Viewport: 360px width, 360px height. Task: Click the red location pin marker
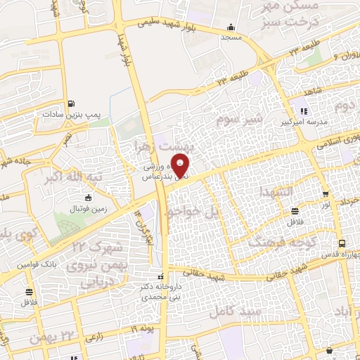tap(181, 166)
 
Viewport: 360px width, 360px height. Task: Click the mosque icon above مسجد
tap(231, 28)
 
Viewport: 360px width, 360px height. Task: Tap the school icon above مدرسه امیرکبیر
tap(304, 111)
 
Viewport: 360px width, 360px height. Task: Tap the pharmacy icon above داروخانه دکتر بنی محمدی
tap(161, 276)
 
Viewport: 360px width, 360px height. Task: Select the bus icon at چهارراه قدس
tap(342, 243)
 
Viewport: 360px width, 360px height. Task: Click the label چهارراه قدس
tap(342, 255)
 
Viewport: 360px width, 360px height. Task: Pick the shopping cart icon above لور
tap(325, 195)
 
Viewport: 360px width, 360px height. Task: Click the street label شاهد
tap(312, 91)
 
